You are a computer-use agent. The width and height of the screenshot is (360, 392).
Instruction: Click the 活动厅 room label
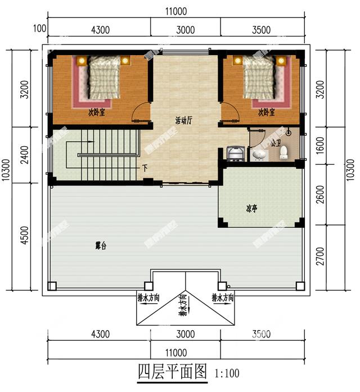[x=184, y=120]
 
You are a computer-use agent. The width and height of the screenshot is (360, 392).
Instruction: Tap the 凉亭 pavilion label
[x=251, y=209]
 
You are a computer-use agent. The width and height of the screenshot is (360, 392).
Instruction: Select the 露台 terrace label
[x=101, y=246]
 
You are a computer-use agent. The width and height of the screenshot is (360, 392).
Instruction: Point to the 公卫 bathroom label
[x=276, y=143]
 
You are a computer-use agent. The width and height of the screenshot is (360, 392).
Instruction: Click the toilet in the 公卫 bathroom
[x=284, y=152]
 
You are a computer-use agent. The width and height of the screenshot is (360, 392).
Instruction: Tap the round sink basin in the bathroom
[x=259, y=154]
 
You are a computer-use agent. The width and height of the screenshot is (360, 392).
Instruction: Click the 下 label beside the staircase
[x=145, y=168]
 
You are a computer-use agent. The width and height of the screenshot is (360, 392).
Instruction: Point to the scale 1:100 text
[x=226, y=373]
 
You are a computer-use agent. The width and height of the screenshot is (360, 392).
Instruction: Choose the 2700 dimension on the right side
[x=335, y=257]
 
